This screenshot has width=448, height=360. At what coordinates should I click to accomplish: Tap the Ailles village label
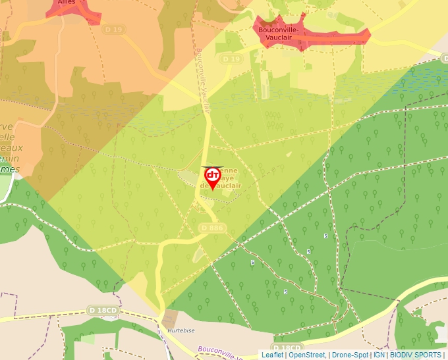67,2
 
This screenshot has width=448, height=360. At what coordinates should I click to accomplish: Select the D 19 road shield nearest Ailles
113,30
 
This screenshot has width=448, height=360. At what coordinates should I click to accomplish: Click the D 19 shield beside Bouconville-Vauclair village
231,59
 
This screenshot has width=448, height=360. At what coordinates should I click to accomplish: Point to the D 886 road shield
211,228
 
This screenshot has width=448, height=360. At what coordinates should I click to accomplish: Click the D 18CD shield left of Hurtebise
103,310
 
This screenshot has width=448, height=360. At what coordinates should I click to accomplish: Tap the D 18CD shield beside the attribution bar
287,347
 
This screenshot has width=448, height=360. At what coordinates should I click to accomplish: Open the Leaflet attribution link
272,355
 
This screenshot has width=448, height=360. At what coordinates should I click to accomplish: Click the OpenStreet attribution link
307,355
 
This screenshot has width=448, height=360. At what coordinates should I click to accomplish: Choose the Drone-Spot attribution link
349,355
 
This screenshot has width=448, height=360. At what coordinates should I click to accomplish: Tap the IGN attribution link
379,355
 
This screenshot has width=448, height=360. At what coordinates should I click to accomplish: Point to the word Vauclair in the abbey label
224,186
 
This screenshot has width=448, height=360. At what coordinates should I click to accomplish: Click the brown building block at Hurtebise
171,317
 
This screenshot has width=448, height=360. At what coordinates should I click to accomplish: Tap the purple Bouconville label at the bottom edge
217,352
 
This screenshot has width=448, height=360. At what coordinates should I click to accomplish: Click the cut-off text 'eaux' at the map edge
11,147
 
